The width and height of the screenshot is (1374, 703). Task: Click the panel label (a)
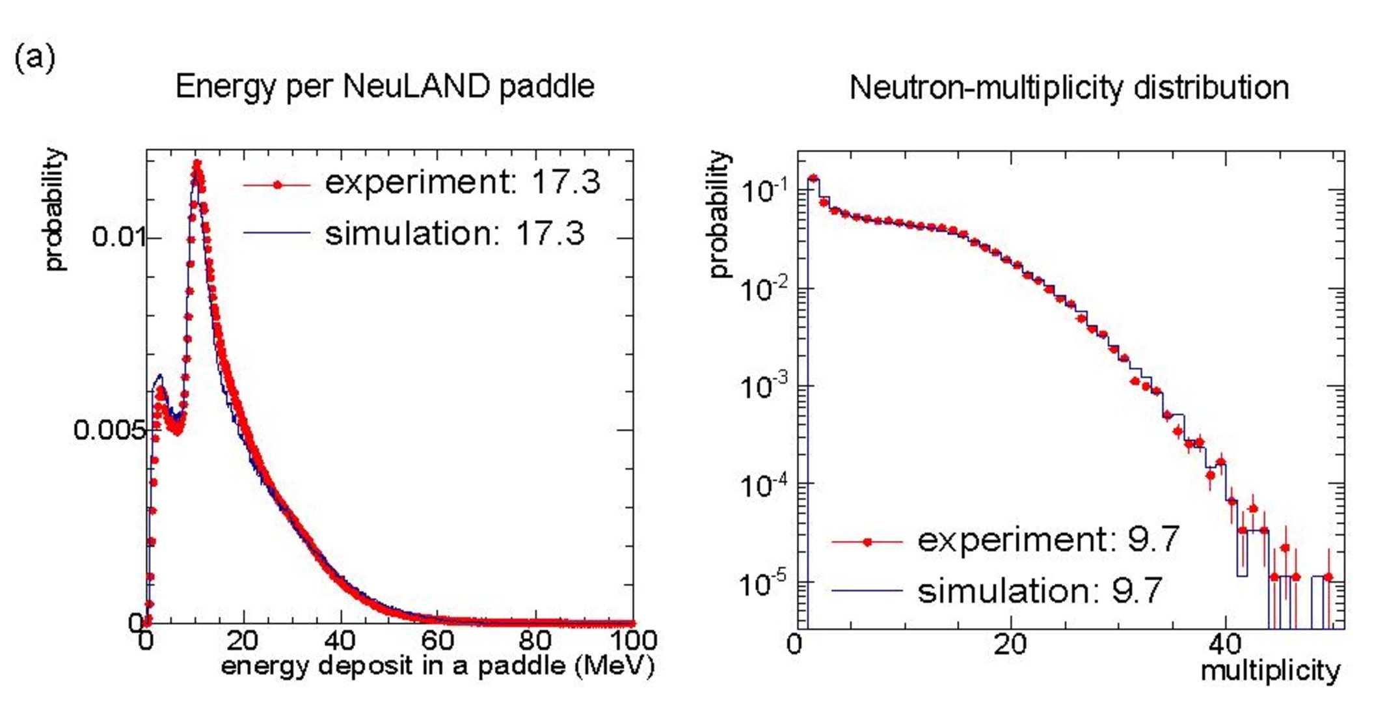[34, 59]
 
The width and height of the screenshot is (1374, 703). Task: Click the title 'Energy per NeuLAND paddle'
[384, 87]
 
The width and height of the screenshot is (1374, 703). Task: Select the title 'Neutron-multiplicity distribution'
[1069, 88]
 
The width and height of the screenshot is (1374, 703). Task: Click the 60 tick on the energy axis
[437, 641]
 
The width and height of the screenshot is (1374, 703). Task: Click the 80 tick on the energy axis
[535, 641]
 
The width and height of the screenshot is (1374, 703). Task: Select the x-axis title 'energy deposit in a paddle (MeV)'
[437, 666]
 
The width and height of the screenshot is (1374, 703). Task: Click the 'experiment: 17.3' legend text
[463, 182]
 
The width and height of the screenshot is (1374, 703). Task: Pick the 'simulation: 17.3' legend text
[455, 233]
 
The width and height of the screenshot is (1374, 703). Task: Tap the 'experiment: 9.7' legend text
[1048, 540]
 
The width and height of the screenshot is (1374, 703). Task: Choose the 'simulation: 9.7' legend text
[1040, 590]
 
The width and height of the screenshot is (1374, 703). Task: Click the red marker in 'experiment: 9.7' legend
[867, 542]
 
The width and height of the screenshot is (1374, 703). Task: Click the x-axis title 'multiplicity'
[1270, 670]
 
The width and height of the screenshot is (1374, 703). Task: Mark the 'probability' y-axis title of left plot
[56, 210]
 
